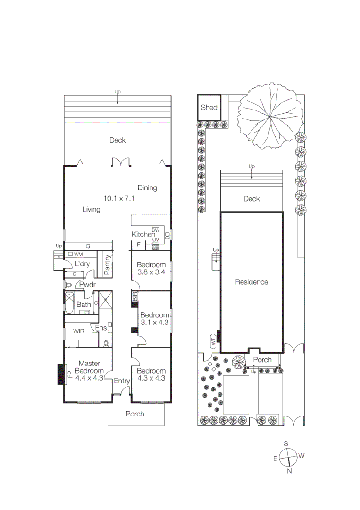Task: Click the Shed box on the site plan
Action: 209,107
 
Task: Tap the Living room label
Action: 91,209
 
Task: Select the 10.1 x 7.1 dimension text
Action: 119,199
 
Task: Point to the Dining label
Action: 147,187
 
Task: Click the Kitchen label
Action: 143,234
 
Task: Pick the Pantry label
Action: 107,265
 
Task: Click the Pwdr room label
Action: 87,285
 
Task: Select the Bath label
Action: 84,305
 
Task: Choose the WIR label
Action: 79,331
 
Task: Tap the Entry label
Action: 122,381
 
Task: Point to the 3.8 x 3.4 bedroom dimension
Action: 151,272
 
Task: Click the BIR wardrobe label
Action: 134,297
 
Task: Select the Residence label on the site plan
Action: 251,282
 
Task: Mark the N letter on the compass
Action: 290,471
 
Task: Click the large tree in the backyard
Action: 268,116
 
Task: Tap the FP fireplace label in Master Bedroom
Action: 69,375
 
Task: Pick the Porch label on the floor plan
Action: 134,414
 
